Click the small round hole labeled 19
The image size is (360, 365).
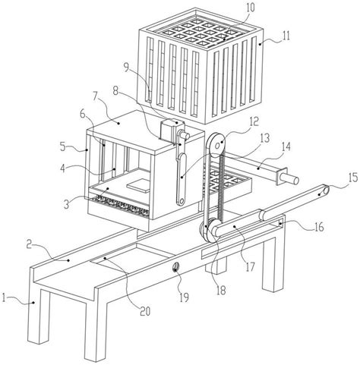click(175, 268)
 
